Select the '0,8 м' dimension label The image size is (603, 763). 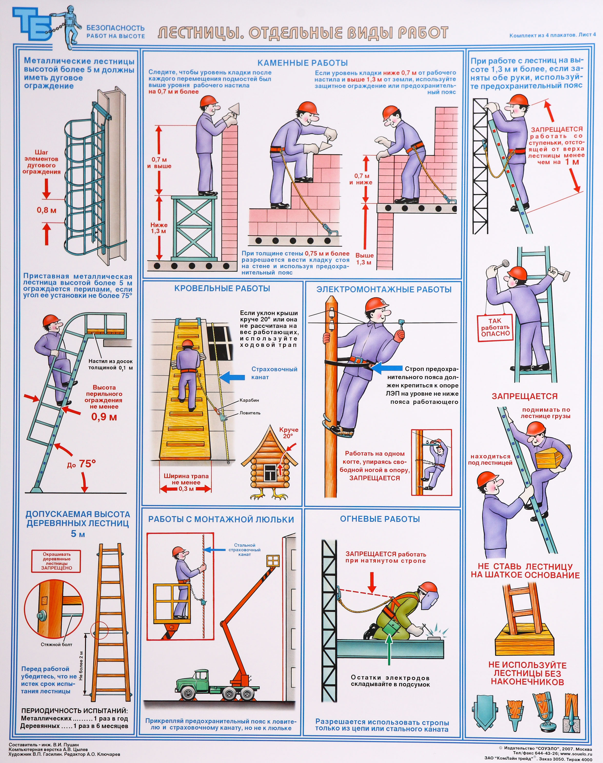tap(47, 210)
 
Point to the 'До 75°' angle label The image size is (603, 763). tap(82, 464)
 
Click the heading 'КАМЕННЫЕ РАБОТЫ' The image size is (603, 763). tap(303, 63)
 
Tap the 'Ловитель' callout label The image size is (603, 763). tap(250, 413)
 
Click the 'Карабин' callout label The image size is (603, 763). tap(249, 400)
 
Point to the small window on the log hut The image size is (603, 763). tap(270, 472)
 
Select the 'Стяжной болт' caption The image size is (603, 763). tap(56, 644)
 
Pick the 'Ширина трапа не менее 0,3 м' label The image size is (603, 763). tap(186, 482)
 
